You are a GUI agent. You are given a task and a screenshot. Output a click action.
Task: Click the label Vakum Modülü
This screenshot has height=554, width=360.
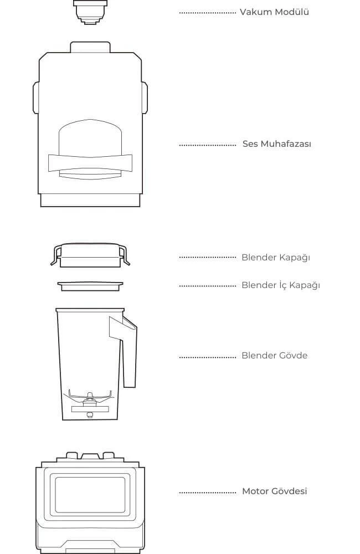(x=274, y=12)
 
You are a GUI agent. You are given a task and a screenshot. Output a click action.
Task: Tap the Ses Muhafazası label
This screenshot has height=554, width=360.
(x=276, y=144)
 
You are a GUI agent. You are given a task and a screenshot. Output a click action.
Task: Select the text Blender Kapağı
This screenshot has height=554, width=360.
(x=276, y=258)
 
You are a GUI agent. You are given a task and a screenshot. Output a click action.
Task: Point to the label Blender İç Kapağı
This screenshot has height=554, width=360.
(x=280, y=285)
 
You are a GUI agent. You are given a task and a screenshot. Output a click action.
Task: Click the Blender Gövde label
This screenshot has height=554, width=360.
(x=274, y=356)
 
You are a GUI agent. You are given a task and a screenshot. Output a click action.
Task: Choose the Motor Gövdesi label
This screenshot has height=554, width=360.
(x=275, y=491)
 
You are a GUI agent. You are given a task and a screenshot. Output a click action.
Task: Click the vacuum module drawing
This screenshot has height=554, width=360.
(x=90, y=12)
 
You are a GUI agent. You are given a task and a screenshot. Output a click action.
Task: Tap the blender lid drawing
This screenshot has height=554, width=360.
(x=90, y=255)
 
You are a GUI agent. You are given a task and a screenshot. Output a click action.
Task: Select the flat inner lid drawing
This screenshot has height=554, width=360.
(x=90, y=286)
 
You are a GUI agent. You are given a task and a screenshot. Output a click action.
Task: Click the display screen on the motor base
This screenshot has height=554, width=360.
(x=90, y=495)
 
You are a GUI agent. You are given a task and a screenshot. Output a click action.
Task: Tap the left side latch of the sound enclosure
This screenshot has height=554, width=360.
(x=35, y=98)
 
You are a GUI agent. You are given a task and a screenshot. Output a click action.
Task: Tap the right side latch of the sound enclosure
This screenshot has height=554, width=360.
(x=145, y=98)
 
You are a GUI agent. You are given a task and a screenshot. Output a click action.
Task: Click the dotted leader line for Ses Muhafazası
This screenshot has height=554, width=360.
(x=207, y=145)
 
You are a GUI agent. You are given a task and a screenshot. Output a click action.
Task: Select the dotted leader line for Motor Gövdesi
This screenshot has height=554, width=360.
(x=207, y=492)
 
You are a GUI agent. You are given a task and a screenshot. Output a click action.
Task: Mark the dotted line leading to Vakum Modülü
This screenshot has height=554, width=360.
(x=207, y=13)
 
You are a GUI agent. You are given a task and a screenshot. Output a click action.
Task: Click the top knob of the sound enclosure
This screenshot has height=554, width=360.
(x=90, y=47)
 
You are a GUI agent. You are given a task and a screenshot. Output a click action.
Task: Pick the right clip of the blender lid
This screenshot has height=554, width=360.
(x=125, y=255)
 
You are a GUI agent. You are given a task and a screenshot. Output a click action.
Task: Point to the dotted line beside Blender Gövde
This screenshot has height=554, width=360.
(x=207, y=357)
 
